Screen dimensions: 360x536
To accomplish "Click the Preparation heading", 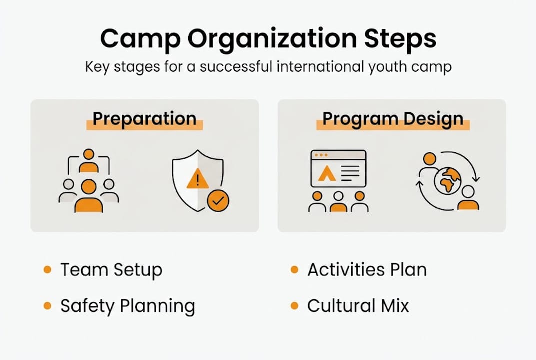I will [x=144, y=119].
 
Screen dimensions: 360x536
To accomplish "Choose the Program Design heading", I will [x=392, y=119].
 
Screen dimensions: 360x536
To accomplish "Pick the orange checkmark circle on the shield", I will [x=218, y=201].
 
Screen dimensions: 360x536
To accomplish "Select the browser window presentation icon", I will [x=338, y=168].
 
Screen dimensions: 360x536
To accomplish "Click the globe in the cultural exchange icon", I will [x=447, y=181].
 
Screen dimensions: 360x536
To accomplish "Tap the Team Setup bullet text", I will [x=111, y=270].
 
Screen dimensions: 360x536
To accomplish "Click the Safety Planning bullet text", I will [x=127, y=306].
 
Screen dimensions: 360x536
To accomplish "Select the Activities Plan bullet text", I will [x=367, y=270].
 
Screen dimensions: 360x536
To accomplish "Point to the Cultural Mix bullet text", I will [x=358, y=306].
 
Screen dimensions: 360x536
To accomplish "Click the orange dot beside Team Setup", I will [x=47, y=270].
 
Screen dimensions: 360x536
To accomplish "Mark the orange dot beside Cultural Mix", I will [x=294, y=305].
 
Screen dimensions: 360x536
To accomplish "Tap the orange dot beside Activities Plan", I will [x=294, y=270].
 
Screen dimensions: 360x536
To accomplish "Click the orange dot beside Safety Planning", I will [x=47, y=305].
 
